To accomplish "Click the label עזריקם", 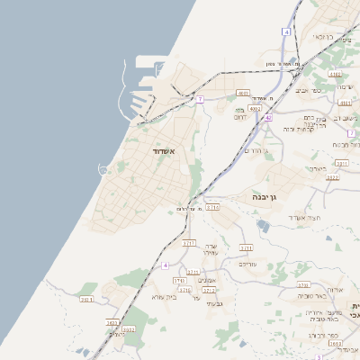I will pos(248,264).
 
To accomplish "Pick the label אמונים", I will pos(206,280).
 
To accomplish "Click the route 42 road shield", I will pos(267,117).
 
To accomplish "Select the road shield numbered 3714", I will pos(212,207).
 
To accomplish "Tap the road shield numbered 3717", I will pos(189,243).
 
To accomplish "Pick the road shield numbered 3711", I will pos(246,247).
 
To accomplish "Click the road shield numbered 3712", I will pos(210,291).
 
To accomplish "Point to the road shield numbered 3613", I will pos(112,322).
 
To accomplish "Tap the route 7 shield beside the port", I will pos(200,99).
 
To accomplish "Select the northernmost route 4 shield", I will pos(286,31).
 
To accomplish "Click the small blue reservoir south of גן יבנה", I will pos(262,225).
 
